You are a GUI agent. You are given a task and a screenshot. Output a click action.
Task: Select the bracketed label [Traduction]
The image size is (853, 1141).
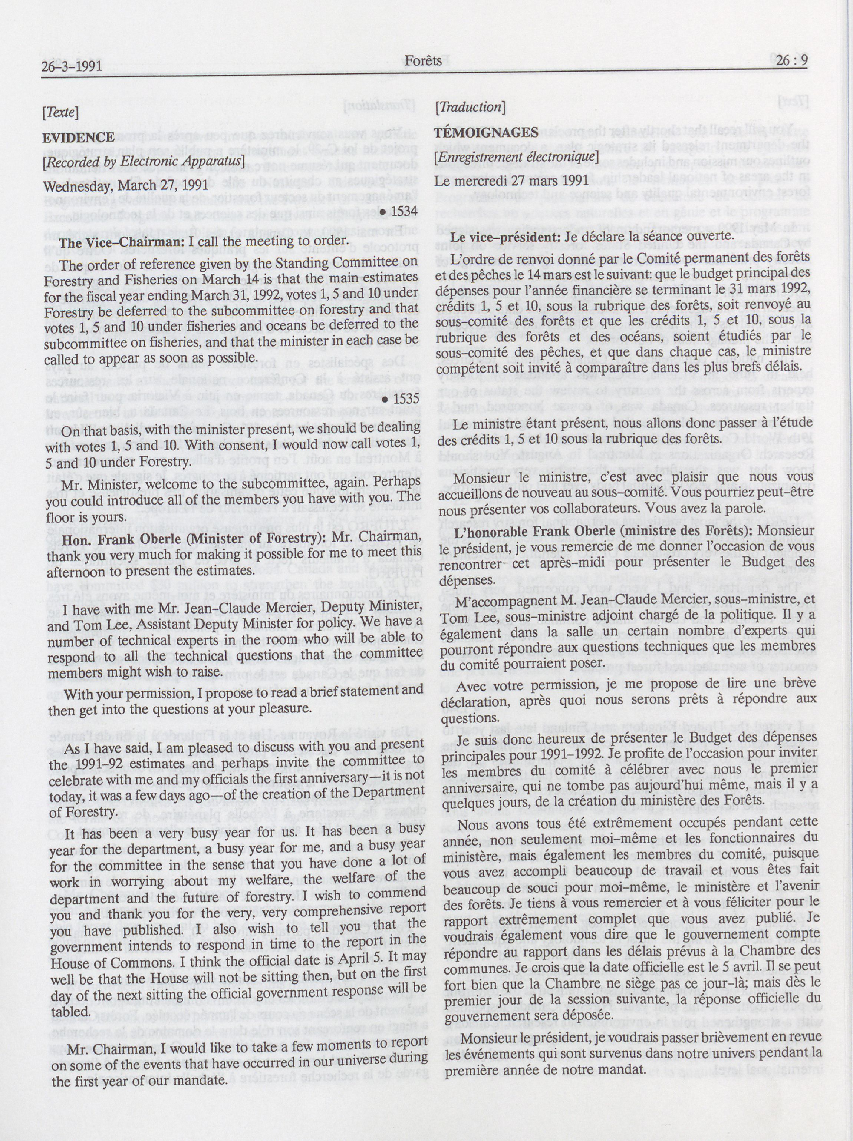click(x=470, y=107)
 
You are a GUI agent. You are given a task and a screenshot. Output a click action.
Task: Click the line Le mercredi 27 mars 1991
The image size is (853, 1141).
click(x=511, y=181)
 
